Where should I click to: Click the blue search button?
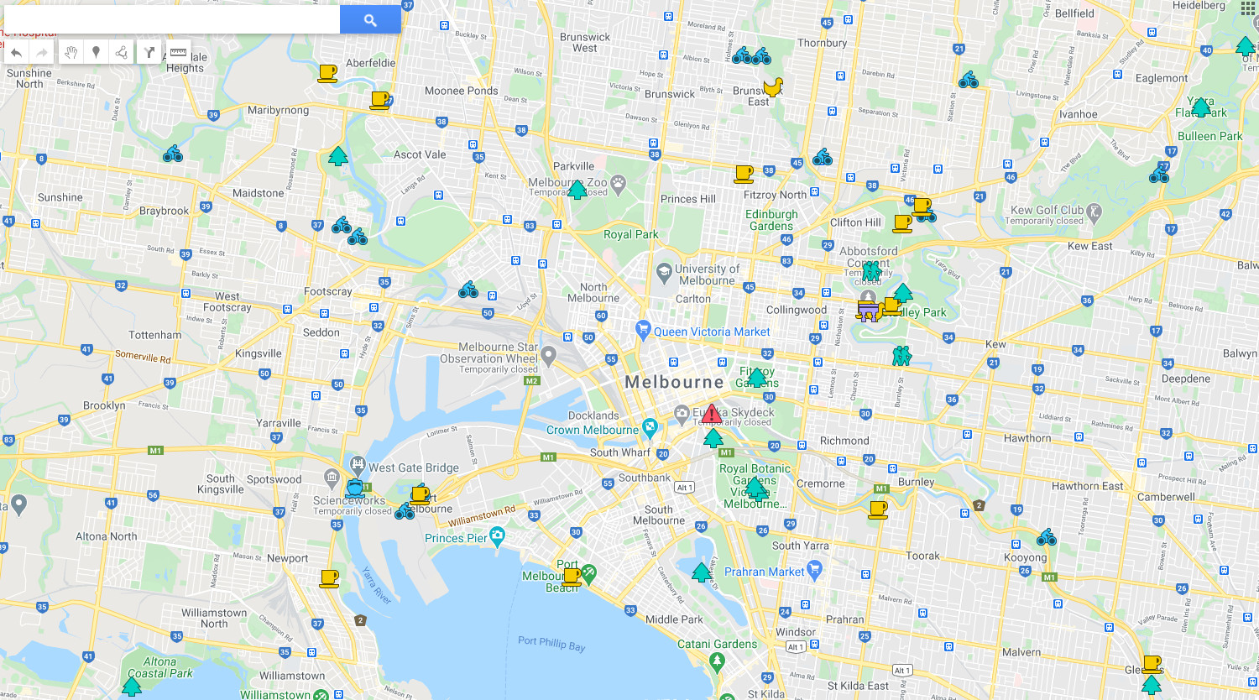coord(370,19)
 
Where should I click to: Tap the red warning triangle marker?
coord(712,414)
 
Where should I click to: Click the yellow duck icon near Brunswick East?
coord(772,86)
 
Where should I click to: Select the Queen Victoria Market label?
coord(711,332)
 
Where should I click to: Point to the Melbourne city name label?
coord(674,382)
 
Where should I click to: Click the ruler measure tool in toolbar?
coord(178,52)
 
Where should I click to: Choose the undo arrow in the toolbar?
coord(16,52)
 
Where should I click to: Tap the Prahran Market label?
coord(764,572)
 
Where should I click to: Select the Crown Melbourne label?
coord(593,430)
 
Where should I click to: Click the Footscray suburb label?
coord(328,291)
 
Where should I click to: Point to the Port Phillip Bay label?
coord(551,644)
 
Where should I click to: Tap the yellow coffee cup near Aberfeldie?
coord(327,73)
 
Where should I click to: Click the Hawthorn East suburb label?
coord(1087,486)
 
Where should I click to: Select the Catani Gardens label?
coord(717,644)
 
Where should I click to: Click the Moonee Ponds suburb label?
coord(461,91)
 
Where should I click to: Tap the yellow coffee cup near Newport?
coord(329,578)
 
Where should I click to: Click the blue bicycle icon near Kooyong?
coord(1046,537)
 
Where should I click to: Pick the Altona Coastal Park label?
coord(159,667)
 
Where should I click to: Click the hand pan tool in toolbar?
coord(71,52)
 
